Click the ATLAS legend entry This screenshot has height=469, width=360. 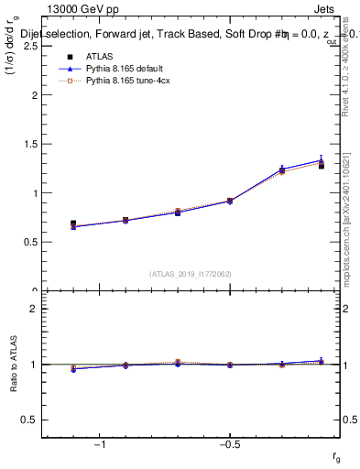pyautogui.click(x=99, y=56)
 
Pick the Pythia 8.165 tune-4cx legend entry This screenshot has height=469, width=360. pyautogui.click(x=119, y=81)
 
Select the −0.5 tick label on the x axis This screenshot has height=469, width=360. pyautogui.click(x=230, y=445)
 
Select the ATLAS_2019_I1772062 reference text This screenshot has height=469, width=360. pyautogui.click(x=191, y=273)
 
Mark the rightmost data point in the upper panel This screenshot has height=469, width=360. pyautogui.click(x=322, y=165)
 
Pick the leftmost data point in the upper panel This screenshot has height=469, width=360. pyautogui.click(x=73, y=224)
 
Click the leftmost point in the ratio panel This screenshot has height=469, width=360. pyautogui.click(x=73, y=369)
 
